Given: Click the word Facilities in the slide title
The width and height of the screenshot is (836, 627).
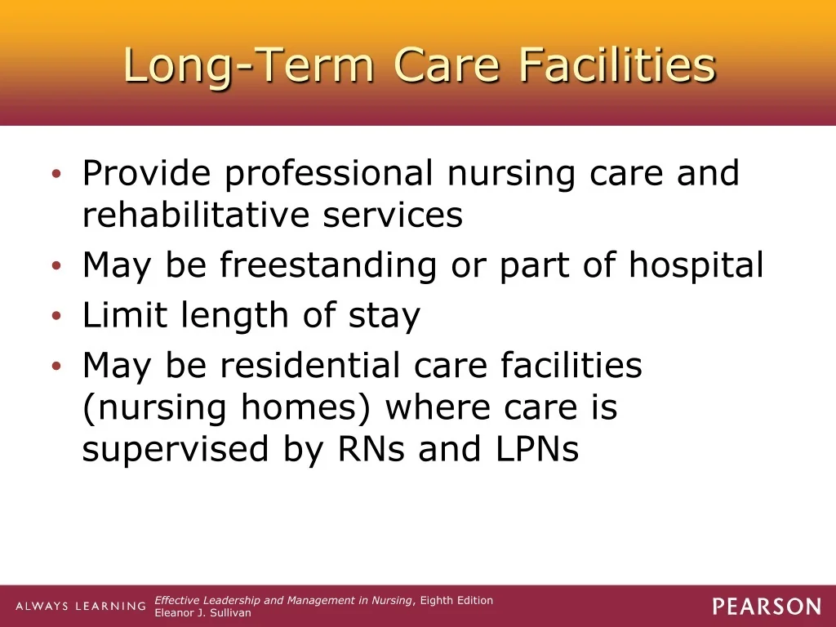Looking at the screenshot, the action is click(617, 64).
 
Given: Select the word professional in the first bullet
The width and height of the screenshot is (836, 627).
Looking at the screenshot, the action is click(328, 175).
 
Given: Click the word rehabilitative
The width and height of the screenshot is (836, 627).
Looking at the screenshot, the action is click(195, 215).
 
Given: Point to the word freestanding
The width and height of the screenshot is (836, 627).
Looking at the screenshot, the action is click(328, 266).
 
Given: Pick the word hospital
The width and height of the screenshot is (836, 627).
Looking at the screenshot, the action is click(696, 266).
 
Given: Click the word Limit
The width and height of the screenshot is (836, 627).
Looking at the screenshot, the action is click(125, 314).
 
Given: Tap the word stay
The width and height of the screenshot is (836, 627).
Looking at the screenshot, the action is click(385, 317).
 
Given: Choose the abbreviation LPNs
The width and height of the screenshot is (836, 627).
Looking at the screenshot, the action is click(537, 449).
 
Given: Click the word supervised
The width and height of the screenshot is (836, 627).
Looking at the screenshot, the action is click(176, 451).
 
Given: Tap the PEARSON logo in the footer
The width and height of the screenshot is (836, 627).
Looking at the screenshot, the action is click(767, 607).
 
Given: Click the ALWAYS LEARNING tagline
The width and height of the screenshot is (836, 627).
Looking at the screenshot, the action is click(81, 607).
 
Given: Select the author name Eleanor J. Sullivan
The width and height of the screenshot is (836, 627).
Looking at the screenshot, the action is click(202, 613).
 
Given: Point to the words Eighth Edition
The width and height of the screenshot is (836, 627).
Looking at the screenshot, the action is click(456, 600).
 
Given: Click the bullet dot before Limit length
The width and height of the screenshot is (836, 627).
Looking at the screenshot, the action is click(57, 316).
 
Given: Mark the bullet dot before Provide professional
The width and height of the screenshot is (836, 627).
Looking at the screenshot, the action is click(57, 173).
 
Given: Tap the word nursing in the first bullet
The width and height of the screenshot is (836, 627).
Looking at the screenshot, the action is click(511, 175).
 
